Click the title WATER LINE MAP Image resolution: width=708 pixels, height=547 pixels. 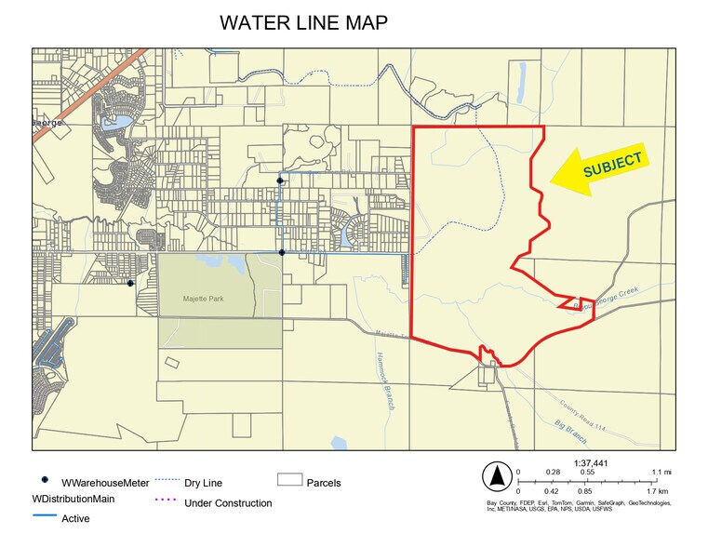coord(303,23)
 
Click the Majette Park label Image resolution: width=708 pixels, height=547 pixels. coord(203,300)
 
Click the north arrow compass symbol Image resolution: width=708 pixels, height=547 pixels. coord(497,477)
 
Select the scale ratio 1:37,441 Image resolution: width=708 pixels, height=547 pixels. coord(590,462)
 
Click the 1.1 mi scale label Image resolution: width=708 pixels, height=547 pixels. coord(661,472)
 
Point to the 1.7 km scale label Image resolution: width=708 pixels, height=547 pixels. coord(657,490)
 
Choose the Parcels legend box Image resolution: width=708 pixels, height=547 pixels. coord(290,481)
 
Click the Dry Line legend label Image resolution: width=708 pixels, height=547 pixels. coord(203,483)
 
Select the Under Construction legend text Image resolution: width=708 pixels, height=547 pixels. coord(228,503)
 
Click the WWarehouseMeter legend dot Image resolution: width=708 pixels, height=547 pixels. coord(44,480)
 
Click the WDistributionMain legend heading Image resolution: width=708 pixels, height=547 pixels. coord(73,500)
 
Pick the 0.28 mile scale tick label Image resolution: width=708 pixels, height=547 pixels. coord(552,472)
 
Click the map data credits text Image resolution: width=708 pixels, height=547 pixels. coord(577,506)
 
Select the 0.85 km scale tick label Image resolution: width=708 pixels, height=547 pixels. coord(584,490)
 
